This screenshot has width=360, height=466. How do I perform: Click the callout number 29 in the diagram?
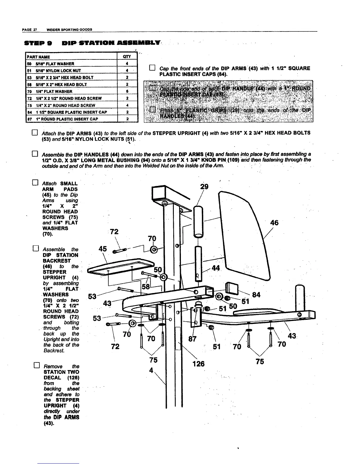point(204,187)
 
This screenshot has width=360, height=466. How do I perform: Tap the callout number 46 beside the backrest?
point(274,222)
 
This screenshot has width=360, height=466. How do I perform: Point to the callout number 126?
point(199,364)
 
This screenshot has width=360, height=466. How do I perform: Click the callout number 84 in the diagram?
point(256,294)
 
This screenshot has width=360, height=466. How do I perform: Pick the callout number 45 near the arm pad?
point(103,249)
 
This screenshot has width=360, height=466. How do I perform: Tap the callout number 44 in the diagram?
point(216,268)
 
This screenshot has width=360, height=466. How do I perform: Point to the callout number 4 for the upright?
point(151,371)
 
